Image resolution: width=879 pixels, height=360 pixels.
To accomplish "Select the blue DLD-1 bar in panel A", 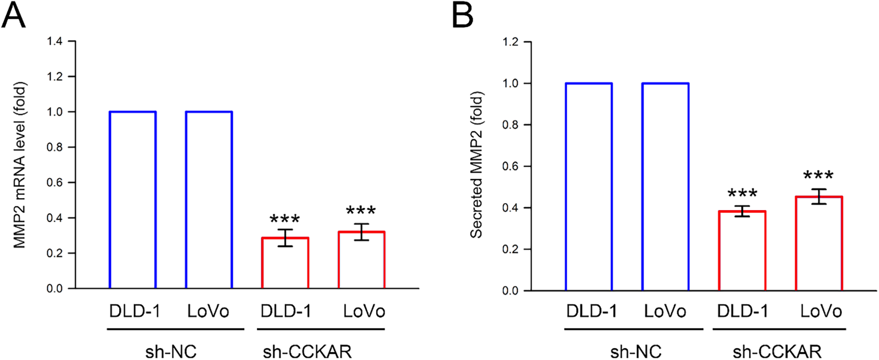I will [x=133, y=200].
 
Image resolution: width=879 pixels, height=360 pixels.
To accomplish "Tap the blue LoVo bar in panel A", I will [x=209, y=200].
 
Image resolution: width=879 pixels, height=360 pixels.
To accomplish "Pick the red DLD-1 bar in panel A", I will [x=285, y=263].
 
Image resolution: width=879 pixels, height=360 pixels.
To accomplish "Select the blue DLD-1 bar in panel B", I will [x=589, y=187].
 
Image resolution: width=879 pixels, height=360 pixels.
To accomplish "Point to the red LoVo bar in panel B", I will [x=819, y=244].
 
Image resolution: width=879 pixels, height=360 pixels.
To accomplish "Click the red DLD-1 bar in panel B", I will [x=742, y=251].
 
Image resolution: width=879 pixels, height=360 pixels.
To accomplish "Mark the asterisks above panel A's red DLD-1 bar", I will [x=285, y=219].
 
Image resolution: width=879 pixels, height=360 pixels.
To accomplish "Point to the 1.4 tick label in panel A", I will [x=55, y=42].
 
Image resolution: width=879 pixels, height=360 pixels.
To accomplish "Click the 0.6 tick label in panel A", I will [x=55, y=183].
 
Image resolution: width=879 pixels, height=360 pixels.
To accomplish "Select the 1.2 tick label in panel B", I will [x=510, y=42].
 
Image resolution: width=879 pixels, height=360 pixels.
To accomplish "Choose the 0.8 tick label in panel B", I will [x=510, y=125].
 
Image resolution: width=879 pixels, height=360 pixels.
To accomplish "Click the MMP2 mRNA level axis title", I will [x=20, y=165].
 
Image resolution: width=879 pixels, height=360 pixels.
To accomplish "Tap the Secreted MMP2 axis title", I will [x=476, y=165].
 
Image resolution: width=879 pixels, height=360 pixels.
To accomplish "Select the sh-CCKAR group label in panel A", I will [x=307, y=351].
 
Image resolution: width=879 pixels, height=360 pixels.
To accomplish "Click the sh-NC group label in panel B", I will [x=636, y=351].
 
